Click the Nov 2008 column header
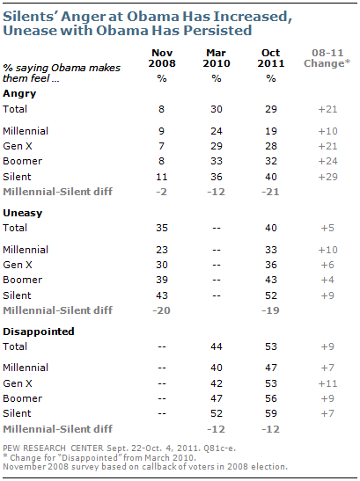click(162, 58)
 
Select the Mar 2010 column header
click(217, 58)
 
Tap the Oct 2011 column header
click(270, 58)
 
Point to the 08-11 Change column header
click(327, 58)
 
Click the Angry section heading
click(19, 93)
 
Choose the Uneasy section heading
click(22, 213)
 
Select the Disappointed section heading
click(39, 332)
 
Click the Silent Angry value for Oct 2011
click(271, 177)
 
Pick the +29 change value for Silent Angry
click(327, 177)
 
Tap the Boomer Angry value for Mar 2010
click(217, 161)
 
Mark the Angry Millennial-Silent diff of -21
click(270, 192)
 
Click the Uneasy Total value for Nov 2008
click(162, 228)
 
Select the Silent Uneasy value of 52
click(271, 295)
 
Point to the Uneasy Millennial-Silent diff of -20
click(161, 310)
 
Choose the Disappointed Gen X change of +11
click(327, 383)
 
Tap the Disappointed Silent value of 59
click(271, 413)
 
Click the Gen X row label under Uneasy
click(18, 265)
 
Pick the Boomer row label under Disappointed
click(22, 398)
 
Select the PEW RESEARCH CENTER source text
click(53, 448)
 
